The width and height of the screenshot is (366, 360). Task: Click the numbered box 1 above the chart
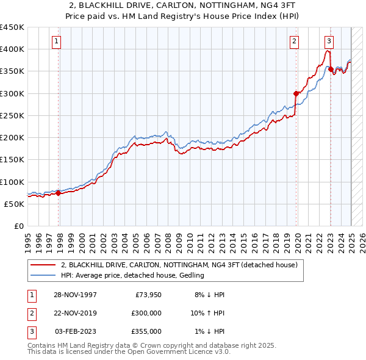click(56, 41)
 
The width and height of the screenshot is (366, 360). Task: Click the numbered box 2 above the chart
click(294, 41)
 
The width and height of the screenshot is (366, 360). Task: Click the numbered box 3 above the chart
click(329, 41)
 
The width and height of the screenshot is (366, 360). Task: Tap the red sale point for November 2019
click(296, 93)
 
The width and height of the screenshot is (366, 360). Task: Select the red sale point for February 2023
click(331, 69)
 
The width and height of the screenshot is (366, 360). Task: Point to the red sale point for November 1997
click(59, 193)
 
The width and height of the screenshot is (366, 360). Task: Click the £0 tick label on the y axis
click(20, 226)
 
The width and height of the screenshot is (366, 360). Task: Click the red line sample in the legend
click(43, 265)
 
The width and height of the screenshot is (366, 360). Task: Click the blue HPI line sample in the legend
click(43, 275)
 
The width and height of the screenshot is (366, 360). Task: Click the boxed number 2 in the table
click(30, 312)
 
